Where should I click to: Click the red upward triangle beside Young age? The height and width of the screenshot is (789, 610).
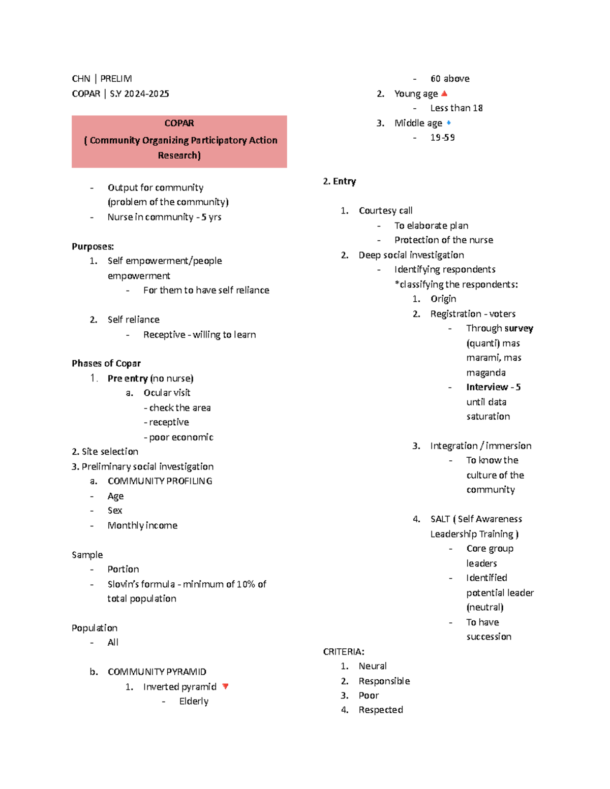coord(444,93)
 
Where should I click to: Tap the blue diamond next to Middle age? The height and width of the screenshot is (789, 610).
coord(448,122)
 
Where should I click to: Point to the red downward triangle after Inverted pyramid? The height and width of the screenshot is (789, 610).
coord(225,686)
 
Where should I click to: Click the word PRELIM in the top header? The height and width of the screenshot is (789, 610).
coord(116,79)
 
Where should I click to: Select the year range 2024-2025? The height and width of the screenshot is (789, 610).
coord(146,94)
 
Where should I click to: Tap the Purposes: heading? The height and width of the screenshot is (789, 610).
coord(93,246)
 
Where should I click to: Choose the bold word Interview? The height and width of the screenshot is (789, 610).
coord(487,387)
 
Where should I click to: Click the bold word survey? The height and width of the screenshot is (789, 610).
coord(518,328)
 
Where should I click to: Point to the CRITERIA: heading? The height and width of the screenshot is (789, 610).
coord(344,651)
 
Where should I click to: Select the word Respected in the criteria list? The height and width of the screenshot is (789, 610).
coord(381,710)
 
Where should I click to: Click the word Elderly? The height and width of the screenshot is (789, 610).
coord(194,701)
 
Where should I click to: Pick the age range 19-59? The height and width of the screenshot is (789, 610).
coord(442,138)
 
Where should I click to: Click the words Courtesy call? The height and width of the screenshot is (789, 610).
coord(385,210)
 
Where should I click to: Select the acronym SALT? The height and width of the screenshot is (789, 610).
coord(440,519)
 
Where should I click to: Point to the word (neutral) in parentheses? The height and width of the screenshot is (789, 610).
coord(485,607)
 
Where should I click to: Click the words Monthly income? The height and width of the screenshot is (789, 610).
coord(142,525)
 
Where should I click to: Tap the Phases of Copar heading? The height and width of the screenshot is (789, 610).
coord(106,363)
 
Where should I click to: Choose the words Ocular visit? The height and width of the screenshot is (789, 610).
coord(167,393)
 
